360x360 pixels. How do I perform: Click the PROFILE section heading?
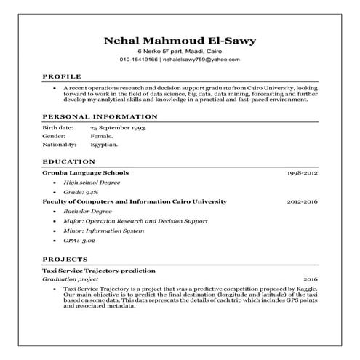click(x=61, y=76)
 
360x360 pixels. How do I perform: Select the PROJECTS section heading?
click(x=65, y=259)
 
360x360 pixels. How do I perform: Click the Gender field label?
click(x=55, y=136)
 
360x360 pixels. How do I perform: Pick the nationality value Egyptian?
click(x=104, y=145)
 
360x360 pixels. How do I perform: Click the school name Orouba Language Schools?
click(x=86, y=174)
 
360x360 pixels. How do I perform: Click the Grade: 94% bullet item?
click(x=80, y=191)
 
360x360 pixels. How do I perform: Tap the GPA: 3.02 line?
click(x=79, y=239)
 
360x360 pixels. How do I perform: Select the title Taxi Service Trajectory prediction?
click(x=98, y=270)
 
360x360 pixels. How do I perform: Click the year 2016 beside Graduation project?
click(x=311, y=279)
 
